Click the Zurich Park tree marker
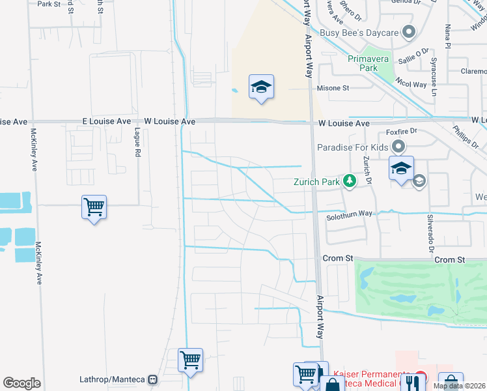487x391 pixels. point(350,181)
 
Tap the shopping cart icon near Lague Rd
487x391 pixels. point(94,208)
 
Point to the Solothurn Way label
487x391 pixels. point(350,214)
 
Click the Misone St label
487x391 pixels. point(333,88)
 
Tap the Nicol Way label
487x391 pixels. point(410,84)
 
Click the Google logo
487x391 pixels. point(21,383)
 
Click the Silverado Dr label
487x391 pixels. point(430,233)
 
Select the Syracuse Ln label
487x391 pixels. point(434,77)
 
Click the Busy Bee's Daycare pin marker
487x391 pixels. point(409,31)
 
